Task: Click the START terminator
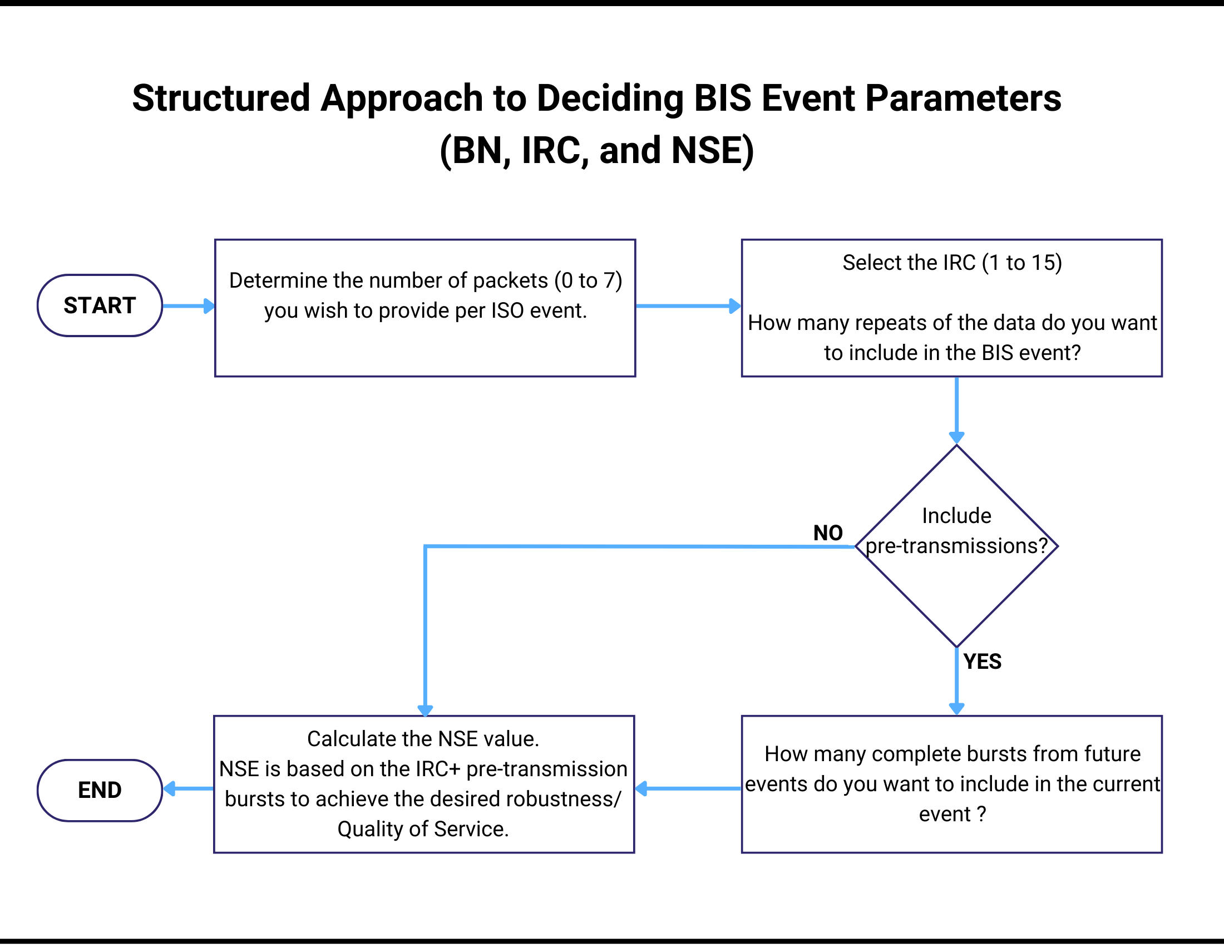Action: (100, 305)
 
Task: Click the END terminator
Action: (100, 790)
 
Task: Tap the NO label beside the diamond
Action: (828, 533)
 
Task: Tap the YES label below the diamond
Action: (982, 661)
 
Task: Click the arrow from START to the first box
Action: (187, 306)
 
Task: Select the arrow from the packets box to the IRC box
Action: (688, 306)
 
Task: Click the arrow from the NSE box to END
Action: (188, 788)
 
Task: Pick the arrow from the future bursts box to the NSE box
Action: (688, 788)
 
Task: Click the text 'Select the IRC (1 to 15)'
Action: (951, 262)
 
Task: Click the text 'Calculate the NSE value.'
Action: (423, 738)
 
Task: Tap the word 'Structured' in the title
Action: (221, 98)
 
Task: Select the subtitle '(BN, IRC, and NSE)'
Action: (596, 150)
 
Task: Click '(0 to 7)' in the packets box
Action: (588, 280)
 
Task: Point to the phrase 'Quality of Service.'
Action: (423, 829)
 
